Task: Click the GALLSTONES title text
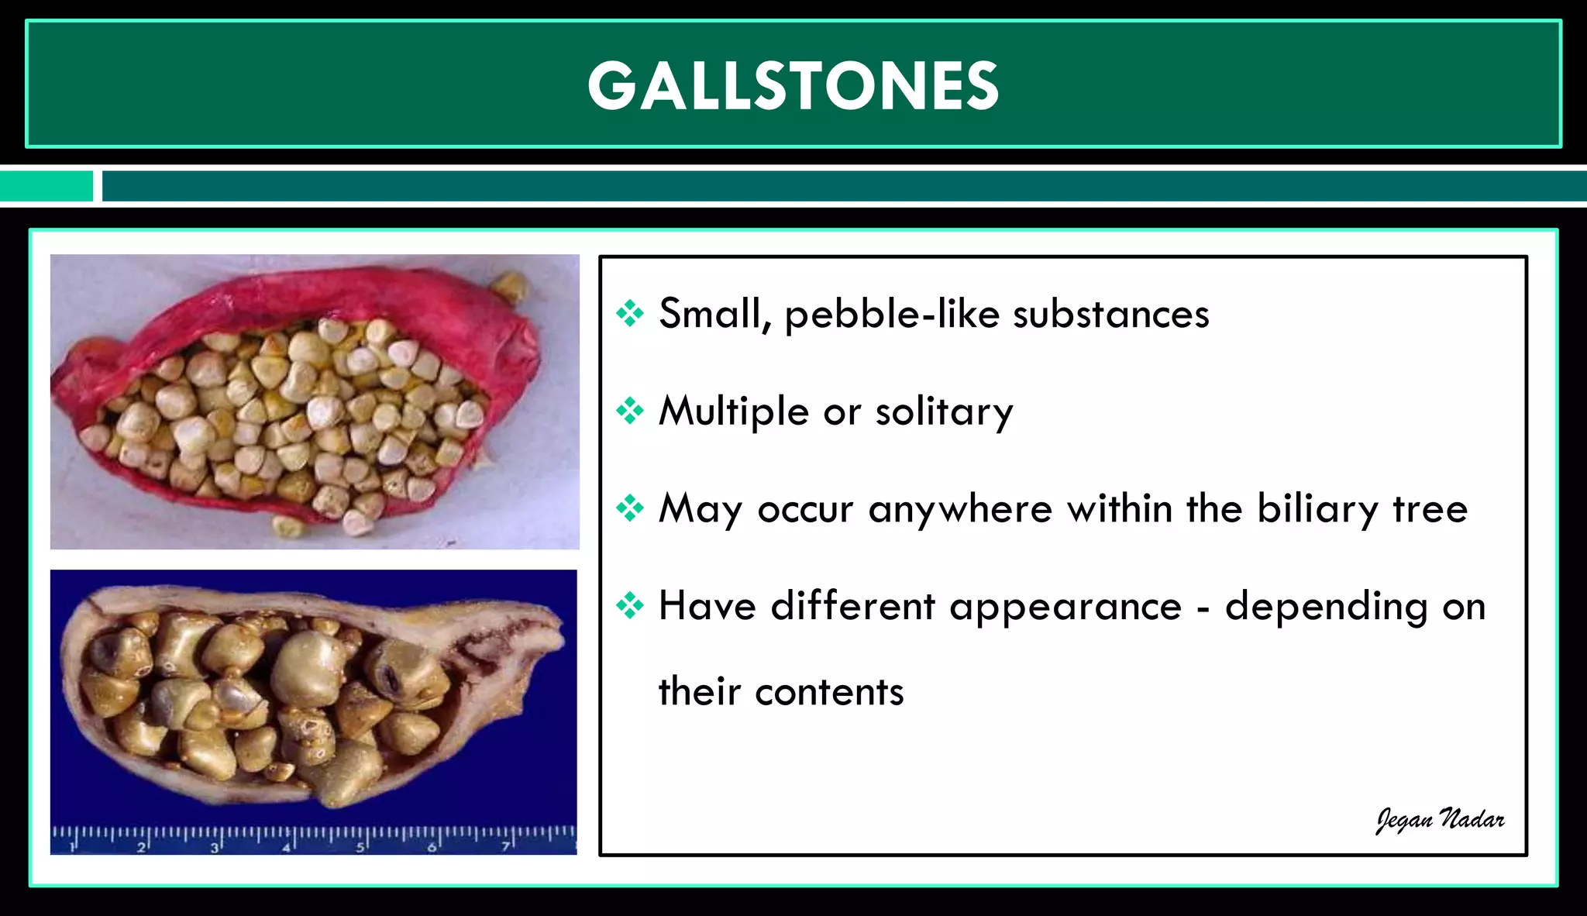[793, 85]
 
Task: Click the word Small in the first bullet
[710, 314]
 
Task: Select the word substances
[1110, 314]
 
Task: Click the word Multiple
[733, 412]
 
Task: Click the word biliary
[1317, 509]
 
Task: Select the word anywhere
[960, 510]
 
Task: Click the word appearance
[1065, 607]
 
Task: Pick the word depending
[1326, 607]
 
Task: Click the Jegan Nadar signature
[1440, 820]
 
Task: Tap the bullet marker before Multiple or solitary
[630, 411]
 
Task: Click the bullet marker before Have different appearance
[630, 606]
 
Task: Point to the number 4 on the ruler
[286, 848]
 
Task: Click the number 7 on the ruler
[505, 848]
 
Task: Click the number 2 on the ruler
[140, 848]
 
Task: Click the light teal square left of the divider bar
[46, 186]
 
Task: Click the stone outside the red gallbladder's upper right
[511, 285]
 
